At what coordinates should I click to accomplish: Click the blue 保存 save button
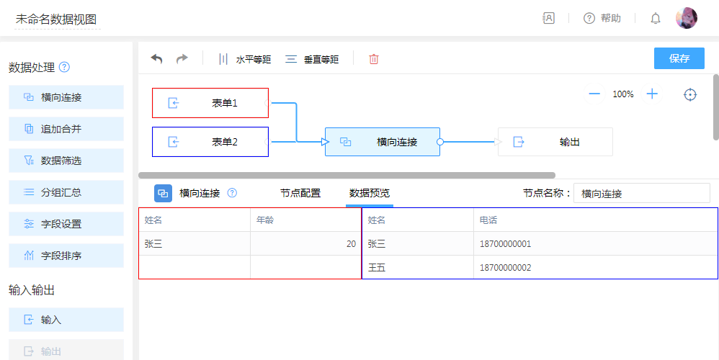click(x=679, y=58)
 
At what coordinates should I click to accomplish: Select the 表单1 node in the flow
click(x=210, y=103)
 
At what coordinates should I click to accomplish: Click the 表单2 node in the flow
click(x=210, y=142)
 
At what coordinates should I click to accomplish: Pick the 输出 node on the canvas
click(x=555, y=142)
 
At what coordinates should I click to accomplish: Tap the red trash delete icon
click(x=374, y=59)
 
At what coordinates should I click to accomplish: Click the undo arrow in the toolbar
click(x=157, y=58)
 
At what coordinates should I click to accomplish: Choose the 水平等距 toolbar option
click(x=244, y=59)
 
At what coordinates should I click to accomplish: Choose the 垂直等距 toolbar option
click(x=312, y=59)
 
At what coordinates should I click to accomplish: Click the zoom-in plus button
click(x=652, y=94)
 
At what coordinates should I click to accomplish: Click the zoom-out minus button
click(x=594, y=94)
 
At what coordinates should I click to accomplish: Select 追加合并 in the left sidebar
click(x=66, y=129)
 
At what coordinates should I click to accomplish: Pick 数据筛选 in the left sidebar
click(x=66, y=161)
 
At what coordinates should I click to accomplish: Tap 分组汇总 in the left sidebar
click(x=66, y=192)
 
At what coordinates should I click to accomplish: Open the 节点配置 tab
click(x=300, y=193)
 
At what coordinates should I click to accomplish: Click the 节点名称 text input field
click(x=641, y=193)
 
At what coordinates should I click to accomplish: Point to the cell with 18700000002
click(x=595, y=268)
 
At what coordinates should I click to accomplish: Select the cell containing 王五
click(x=418, y=268)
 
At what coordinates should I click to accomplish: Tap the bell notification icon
click(x=656, y=18)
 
